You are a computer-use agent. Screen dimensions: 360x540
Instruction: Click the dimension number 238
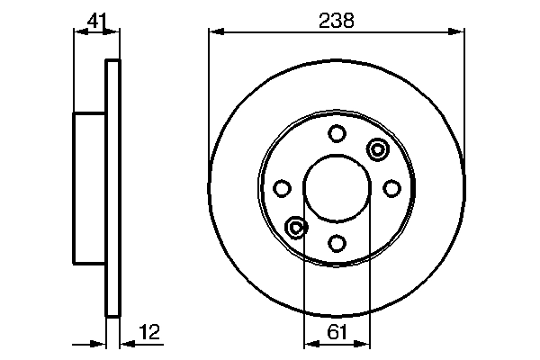point(337,19)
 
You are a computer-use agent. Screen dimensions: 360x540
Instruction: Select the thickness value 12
point(149,334)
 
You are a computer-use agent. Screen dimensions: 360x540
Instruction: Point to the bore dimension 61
point(337,334)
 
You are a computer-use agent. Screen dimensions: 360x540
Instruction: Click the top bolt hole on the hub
point(337,134)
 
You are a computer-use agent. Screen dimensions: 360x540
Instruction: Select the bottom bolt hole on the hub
point(337,242)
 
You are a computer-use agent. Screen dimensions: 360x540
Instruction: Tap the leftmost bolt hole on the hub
point(283,188)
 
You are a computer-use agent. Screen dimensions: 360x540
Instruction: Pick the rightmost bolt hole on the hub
point(391,188)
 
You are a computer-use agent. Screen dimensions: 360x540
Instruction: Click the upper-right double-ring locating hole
point(376,148)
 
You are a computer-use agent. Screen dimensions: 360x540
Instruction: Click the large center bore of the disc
point(337,187)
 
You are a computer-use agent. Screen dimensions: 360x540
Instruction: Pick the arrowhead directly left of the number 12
point(124,343)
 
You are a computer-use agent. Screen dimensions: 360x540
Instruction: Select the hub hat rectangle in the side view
point(89,188)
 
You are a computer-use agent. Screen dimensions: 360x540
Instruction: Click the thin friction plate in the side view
point(112,188)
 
